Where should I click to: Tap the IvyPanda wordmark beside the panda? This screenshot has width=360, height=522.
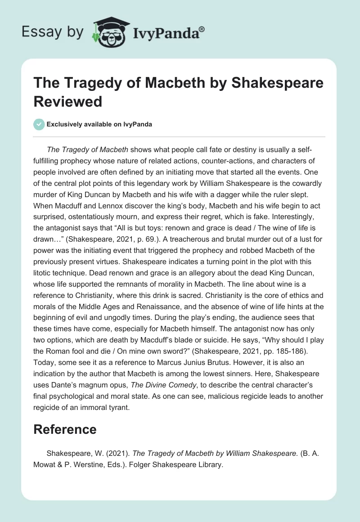(x=166, y=33)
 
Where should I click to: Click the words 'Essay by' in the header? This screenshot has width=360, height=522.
(x=53, y=32)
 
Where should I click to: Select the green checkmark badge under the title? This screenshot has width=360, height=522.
(x=39, y=124)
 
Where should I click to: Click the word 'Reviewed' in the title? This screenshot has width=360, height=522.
(x=68, y=101)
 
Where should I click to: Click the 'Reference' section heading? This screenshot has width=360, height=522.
(x=65, y=429)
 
